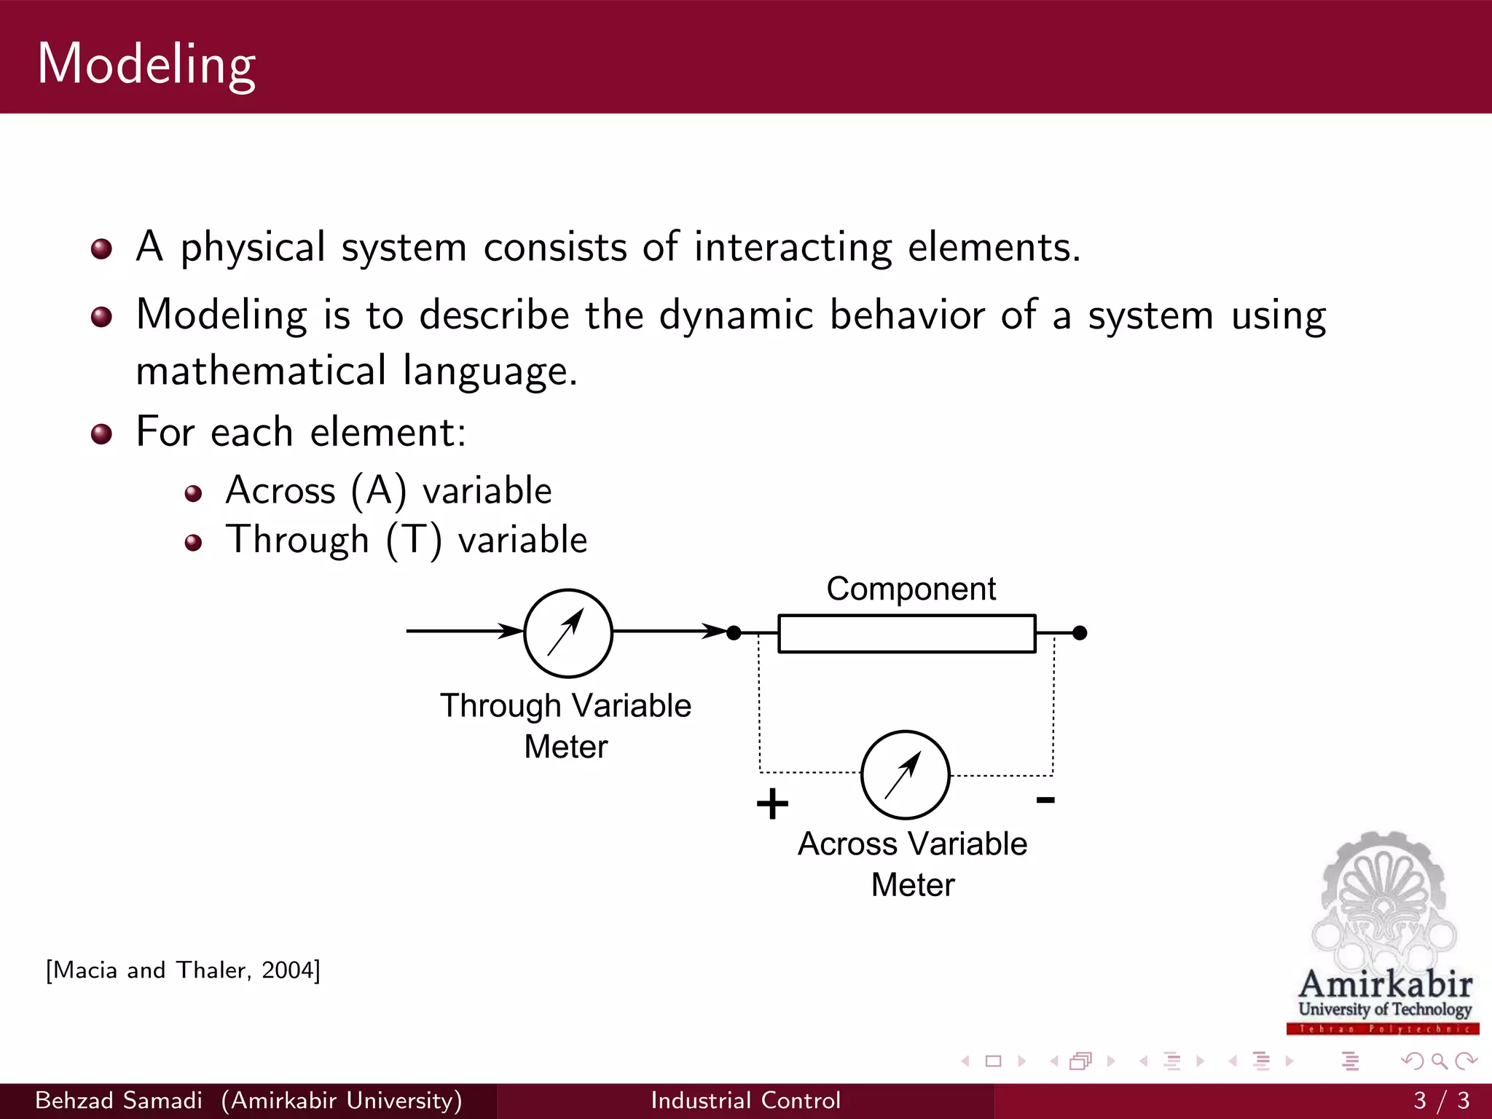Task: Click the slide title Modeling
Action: pyautogui.click(x=146, y=64)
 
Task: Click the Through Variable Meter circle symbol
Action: pyautogui.click(x=568, y=633)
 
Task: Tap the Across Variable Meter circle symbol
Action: pyautogui.click(x=905, y=774)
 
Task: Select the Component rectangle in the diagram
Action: pyautogui.click(x=906, y=633)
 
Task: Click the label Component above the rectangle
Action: pyautogui.click(x=911, y=589)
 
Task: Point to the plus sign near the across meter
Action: pyautogui.click(x=772, y=804)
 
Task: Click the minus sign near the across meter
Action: pyautogui.click(x=1045, y=800)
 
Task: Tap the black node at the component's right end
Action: pyautogui.click(x=1080, y=633)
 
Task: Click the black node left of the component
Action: pyautogui.click(x=734, y=633)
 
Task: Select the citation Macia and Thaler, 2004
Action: pyautogui.click(x=183, y=970)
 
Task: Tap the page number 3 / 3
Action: pyautogui.click(x=1441, y=1100)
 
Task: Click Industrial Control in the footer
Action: pyautogui.click(x=745, y=1100)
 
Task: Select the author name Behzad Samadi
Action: pyautogui.click(x=119, y=1100)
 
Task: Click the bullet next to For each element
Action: pyautogui.click(x=101, y=434)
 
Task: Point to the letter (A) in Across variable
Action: pyautogui.click(x=379, y=491)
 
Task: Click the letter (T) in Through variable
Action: pyautogui.click(x=414, y=541)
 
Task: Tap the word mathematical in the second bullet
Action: pyautogui.click(x=261, y=371)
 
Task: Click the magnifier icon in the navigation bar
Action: pyautogui.click(x=1439, y=1061)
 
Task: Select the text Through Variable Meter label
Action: pyautogui.click(x=565, y=726)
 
